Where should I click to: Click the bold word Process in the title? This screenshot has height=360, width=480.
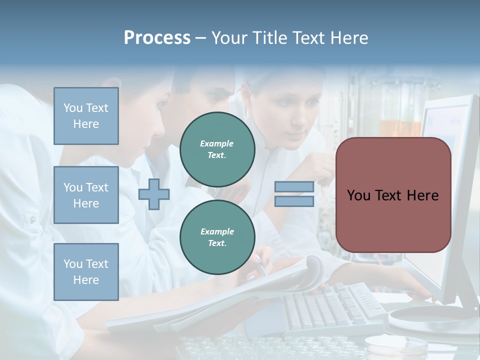tap(157, 37)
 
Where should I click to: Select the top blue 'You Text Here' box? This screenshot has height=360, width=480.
tap(86, 116)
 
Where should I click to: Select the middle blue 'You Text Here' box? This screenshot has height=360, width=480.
tap(86, 195)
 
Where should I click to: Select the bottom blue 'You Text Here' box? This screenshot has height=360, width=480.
tap(86, 272)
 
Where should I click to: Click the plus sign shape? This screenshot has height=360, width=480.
tap(154, 194)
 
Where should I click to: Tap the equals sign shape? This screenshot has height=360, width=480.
tap(294, 194)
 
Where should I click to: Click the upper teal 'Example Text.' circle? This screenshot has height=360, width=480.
tap(217, 149)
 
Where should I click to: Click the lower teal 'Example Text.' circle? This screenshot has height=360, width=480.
tap(217, 237)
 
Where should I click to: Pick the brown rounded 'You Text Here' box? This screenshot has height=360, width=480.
tap(393, 195)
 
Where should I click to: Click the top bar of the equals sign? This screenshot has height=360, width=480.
tap(294, 187)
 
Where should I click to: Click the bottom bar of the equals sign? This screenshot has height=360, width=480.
tap(294, 201)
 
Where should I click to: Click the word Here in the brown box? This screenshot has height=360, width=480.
tap(422, 195)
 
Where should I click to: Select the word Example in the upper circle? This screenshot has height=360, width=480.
tap(217, 143)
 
